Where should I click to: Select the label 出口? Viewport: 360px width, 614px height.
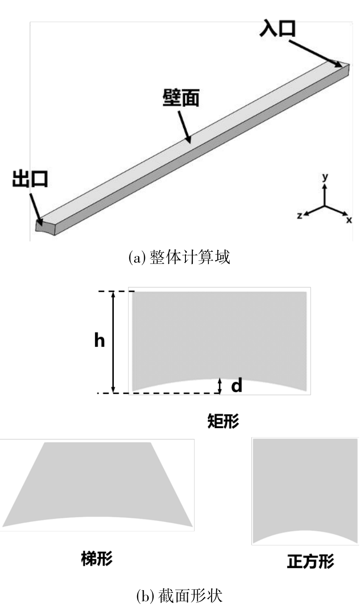coord(30,178)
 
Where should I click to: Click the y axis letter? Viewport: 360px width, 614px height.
coord(324,177)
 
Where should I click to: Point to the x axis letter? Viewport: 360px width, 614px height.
coord(349,220)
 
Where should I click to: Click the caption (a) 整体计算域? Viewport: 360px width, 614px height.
coord(179,257)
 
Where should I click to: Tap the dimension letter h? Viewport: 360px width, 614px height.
coord(99,341)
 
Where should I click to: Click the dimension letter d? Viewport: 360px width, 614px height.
coord(236,386)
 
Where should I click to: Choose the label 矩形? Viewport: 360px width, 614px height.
coord(223,421)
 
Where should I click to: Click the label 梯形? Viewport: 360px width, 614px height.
coord(96,559)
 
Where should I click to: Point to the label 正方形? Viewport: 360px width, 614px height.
coord(310,561)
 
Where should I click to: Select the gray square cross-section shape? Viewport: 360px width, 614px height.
coord(305,486)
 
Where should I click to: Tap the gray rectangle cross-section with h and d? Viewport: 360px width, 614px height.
coord(219,334)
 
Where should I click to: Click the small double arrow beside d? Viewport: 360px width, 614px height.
coord(220,386)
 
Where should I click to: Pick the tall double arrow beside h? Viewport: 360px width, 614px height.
coord(113,342)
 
